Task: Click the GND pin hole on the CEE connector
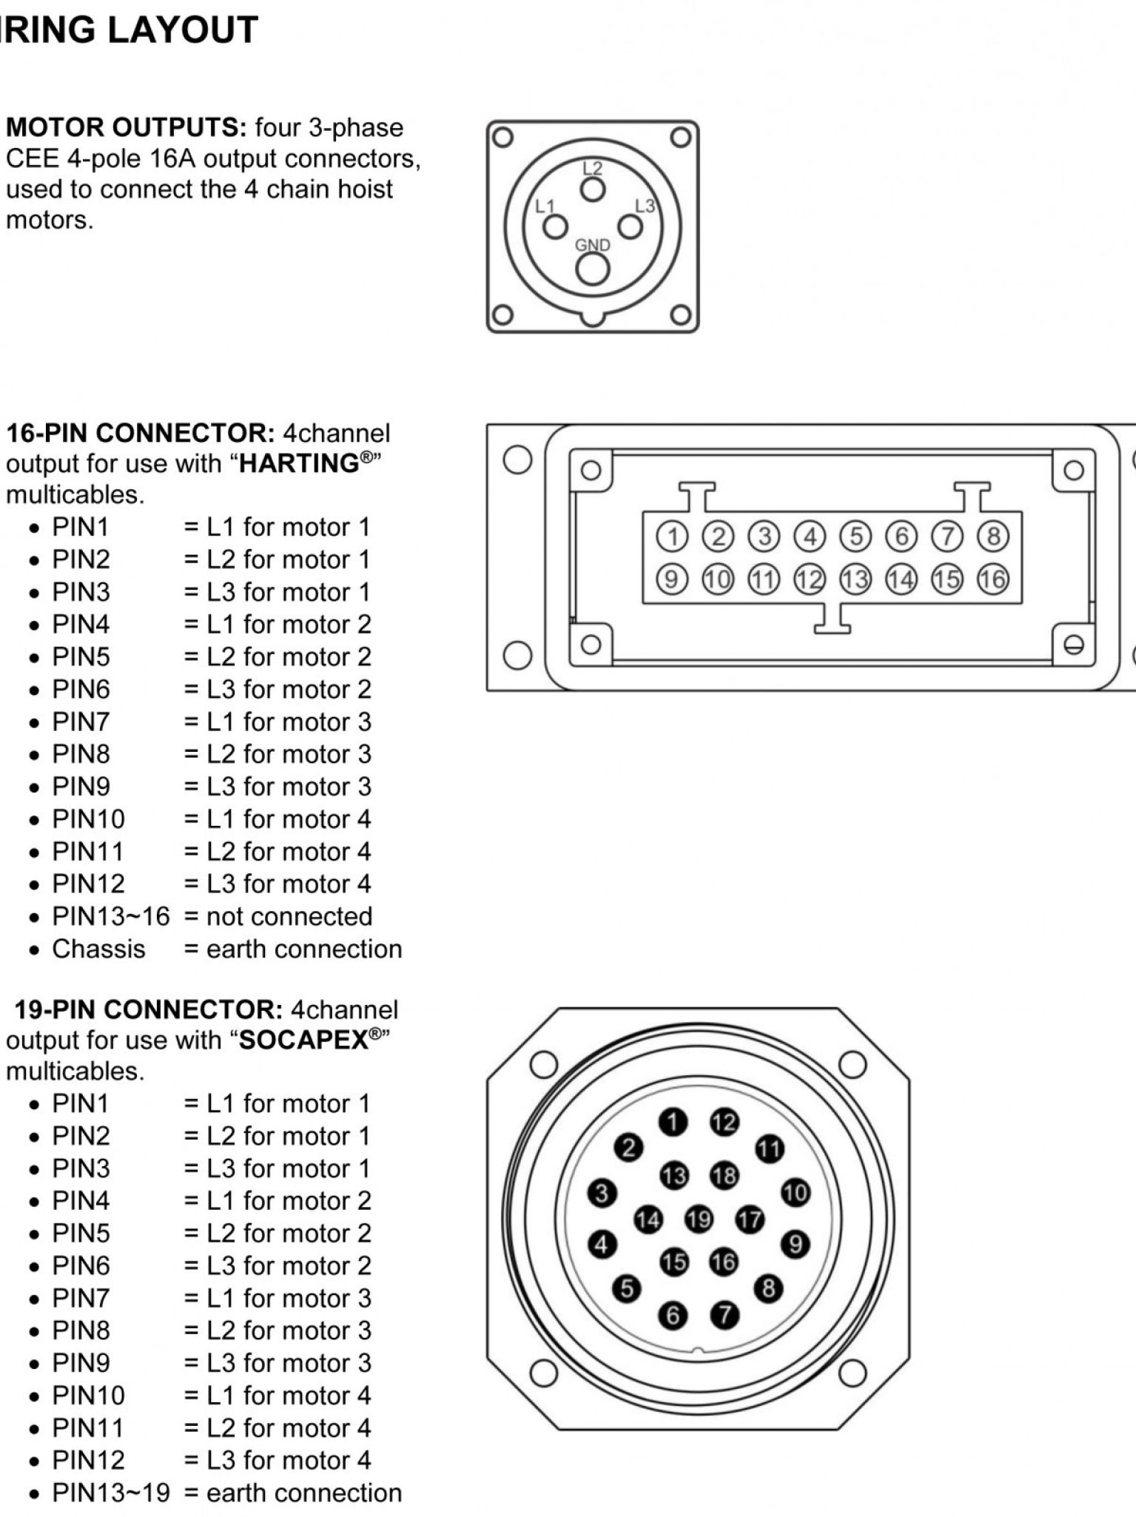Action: click(x=592, y=270)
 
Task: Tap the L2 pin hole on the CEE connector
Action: click(x=592, y=189)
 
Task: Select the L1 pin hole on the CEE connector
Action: click(x=555, y=227)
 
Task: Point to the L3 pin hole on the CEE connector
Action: click(x=630, y=226)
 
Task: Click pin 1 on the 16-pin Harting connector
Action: click(x=672, y=536)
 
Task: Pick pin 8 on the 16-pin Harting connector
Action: click(x=993, y=536)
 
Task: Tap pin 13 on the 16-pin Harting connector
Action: click(x=855, y=579)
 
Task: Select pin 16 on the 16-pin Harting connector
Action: click(x=993, y=579)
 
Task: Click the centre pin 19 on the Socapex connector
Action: click(x=699, y=1219)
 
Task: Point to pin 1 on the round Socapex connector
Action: click(x=673, y=1123)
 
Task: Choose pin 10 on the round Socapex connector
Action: click(x=796, y=1192)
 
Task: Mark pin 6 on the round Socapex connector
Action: click(x=673, y=1315)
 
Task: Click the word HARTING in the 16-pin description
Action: click(x=299, y=464)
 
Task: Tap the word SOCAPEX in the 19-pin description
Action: click(x=303, y=1040)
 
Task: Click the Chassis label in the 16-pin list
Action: click(x=98, y=949)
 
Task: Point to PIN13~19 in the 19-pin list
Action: click(x=111, y=1493)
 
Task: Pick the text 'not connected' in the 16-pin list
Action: click(x=289, y=916)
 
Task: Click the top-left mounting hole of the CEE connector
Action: click(x=503, y=137)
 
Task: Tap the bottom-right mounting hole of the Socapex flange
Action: click(x=853, y=1374)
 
